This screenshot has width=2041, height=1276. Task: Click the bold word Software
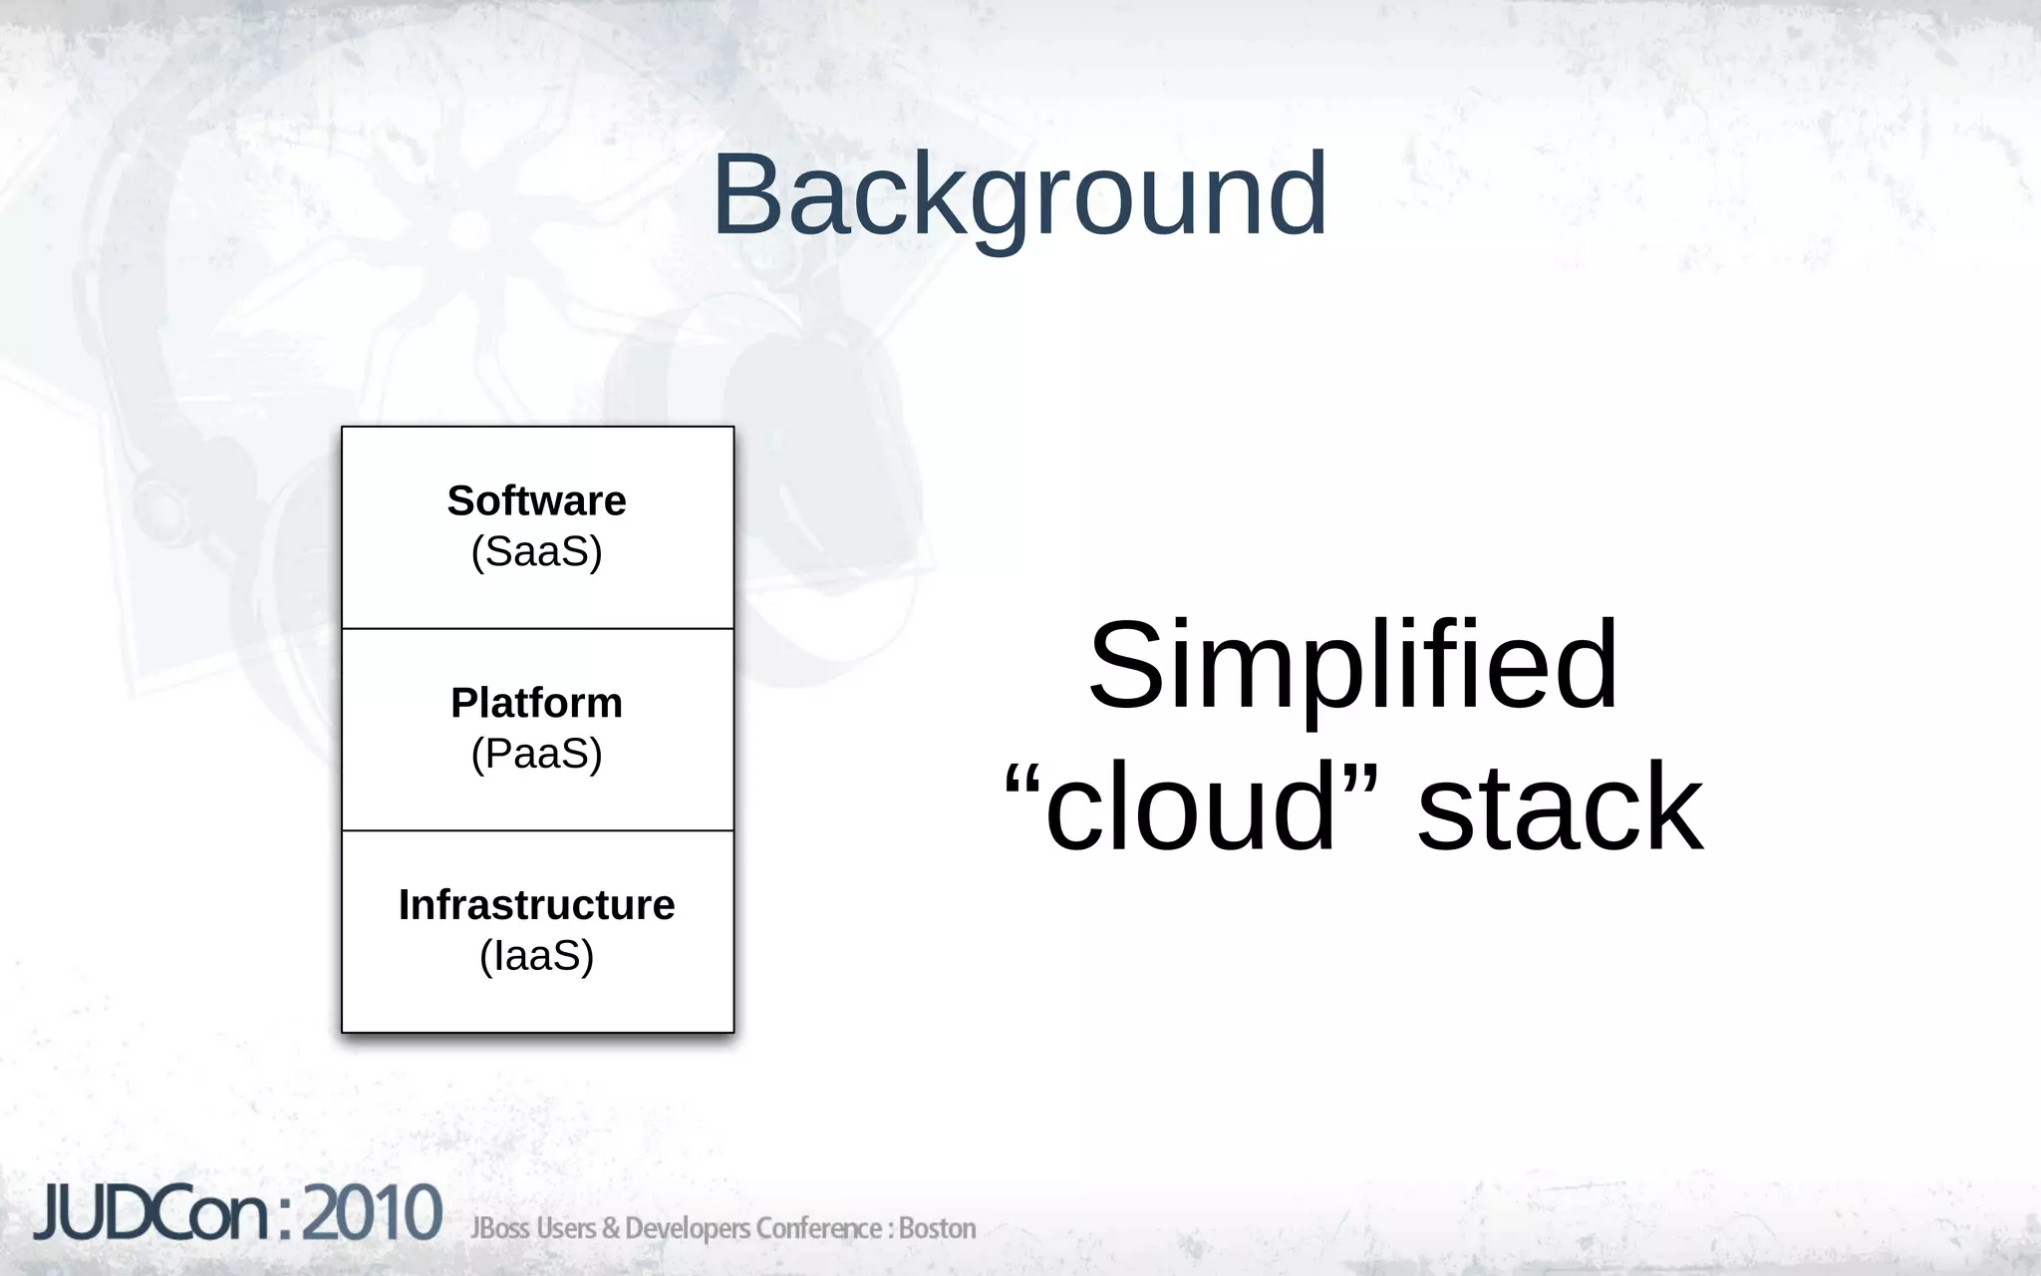pos(536,500)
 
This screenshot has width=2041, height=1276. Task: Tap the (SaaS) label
pos(536,551)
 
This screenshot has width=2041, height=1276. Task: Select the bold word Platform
pos(536,703)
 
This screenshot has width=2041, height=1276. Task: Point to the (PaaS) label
pos(536,754)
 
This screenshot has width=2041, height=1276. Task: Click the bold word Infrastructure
pos(536,905)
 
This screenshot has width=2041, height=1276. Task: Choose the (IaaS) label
pos(536,956)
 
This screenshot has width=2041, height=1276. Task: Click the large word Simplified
pos(1352,665)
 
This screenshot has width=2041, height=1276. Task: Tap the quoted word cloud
pos(1191,807)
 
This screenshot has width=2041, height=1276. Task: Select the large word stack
pos(1560,807)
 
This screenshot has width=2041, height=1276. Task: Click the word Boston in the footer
pos(937,1228)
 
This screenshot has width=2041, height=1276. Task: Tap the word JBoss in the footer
pos(500,1228)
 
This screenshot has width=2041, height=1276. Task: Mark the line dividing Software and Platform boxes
pos(537,629)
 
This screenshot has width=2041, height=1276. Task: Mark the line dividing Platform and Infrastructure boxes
pos(537,830)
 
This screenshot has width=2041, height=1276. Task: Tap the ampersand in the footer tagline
pos(609,1228)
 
